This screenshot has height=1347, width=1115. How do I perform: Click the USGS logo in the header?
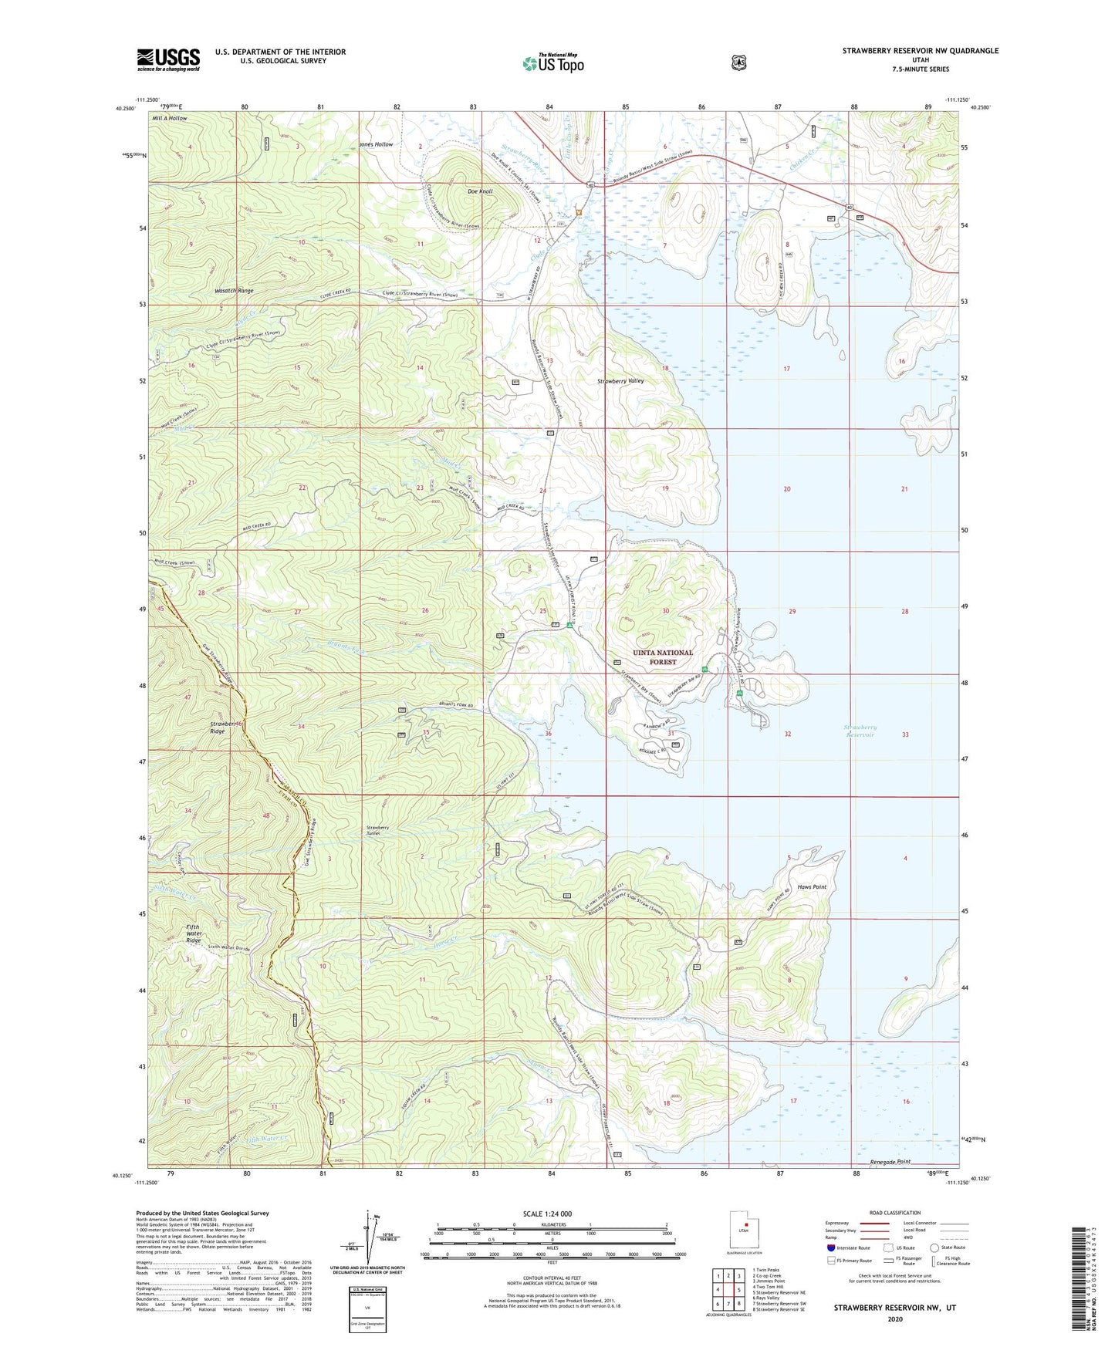168,59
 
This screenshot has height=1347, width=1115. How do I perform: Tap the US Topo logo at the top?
552,63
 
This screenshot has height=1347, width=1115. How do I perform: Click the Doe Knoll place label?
480,191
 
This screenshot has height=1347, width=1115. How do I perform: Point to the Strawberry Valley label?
620,381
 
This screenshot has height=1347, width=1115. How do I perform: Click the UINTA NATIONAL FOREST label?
663,657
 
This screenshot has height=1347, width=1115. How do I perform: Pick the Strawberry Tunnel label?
377,831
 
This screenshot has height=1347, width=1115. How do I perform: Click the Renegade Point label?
890,1161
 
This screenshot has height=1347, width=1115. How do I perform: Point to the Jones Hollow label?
376,145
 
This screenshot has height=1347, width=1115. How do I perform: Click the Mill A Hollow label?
170,119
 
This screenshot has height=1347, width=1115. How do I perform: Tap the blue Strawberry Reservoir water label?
860,731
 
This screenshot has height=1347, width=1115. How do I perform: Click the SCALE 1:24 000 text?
547,1214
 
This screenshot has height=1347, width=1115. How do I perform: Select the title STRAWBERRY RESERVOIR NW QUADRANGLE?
920,51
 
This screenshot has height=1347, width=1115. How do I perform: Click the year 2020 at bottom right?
895,1318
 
